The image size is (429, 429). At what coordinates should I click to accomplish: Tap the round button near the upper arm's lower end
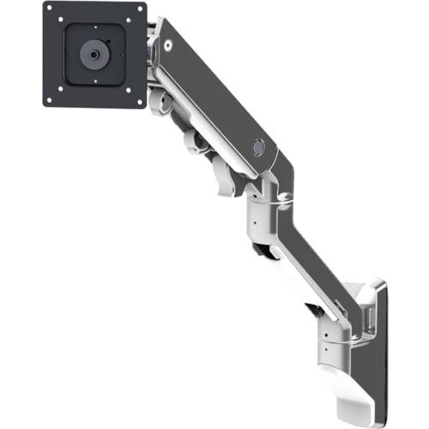point(257,147)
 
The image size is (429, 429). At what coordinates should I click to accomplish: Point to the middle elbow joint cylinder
point(263,211)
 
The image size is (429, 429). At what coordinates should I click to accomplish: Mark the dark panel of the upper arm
point(214,94)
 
